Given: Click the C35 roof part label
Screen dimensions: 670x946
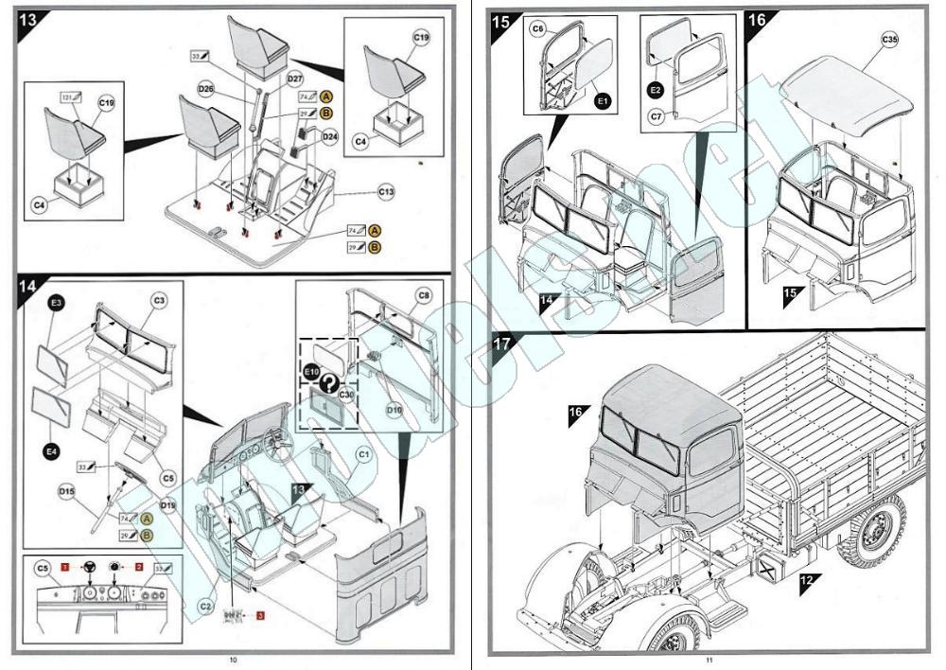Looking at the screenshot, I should (889, 41).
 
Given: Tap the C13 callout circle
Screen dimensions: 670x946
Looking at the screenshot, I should (385, 192).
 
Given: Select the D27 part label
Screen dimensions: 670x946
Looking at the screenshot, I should (294, 79).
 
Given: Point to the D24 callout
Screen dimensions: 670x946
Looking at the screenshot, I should (329, 136).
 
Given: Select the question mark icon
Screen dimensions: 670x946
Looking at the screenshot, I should (328, 383).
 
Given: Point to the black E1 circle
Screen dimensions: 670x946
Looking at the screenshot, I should (603, 97).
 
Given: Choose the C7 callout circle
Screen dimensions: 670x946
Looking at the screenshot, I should (657, 116).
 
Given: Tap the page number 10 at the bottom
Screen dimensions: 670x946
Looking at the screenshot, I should (233, 660).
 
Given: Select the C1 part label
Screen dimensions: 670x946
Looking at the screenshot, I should (362, 455).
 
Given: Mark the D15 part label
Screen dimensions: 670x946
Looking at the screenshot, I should (65, 491).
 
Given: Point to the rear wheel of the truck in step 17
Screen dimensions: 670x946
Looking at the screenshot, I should (873, 529).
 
